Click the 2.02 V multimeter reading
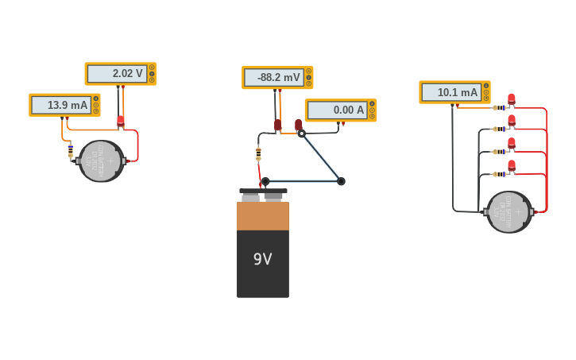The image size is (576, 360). pyautogui.click(x=118, y=74)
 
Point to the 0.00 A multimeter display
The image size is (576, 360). pyautogui.click(x=338, y=110)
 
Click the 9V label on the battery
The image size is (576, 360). pyautogui.click(x=262, y=259)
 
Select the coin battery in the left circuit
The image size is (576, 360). pyautogui.click(x=101, y=161)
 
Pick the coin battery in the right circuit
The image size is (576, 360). pyautogui.click(x=509, y=211)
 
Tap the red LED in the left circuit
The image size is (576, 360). pyautogui.click(x=121, y=121)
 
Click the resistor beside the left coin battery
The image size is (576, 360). pyautogui.click(x=71, y=149)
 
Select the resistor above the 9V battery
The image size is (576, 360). pyautogui.click(x=258, y=153)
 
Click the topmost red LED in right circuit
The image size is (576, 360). pyautogui.click(x=512, y=99)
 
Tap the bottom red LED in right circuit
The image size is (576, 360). pyautogui.click(x=512, y=166)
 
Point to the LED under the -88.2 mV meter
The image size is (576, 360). pyautogui.click(x=278, y=125)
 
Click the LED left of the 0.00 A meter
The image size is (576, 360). pyautogui.click(x=299, y=125)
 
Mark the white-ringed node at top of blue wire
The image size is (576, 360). pyautogui.click(x=301, y=134)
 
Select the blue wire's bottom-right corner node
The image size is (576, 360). pyautogui.click(x=341, y=181)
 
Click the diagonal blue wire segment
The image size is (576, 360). pyautogui.click(x=322, y=158)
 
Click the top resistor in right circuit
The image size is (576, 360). pyautogui.click(x=501, y=107)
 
